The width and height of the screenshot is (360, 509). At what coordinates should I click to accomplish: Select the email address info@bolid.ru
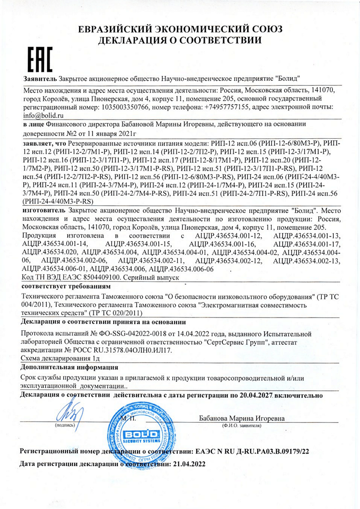pyautogui.click(x=44, y=115)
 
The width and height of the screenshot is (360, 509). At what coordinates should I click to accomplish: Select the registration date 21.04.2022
pyautogui.click(x=188, y=464)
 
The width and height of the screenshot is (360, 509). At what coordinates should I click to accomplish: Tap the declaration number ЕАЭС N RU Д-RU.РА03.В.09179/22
pyautogui.click(x=252, y=451)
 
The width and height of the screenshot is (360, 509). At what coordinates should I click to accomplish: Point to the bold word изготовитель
pyautogui.click(x=44, y=211)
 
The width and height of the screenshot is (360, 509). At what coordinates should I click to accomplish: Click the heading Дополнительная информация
pyautogui.click(x=69, y=368)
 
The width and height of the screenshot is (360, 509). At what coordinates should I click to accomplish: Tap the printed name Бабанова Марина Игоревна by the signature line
pyautogui.click(x=242, y=418)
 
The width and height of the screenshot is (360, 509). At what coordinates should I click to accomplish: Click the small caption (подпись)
pyautogui.click(x=65, y=425)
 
